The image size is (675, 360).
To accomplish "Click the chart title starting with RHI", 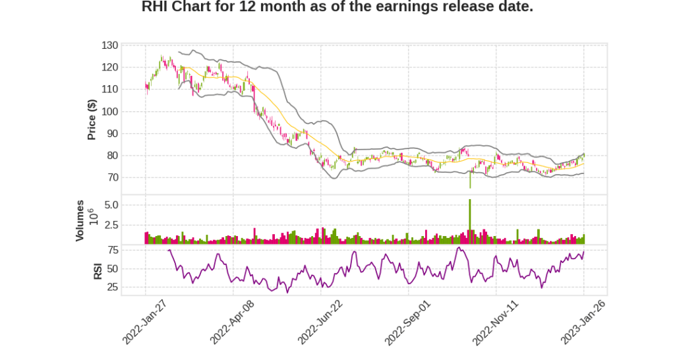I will pos(337,7).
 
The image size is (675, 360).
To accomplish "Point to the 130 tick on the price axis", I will pos(110,45).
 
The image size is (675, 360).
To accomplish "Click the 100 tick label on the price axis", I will pos(110,111).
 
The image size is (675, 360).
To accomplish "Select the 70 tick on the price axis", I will pos(113,178).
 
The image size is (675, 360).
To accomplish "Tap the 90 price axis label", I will pos(113,134).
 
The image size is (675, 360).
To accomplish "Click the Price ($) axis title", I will pos(92,119).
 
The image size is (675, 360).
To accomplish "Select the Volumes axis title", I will pos(80,220).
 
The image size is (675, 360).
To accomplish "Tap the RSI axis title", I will pos(98,270).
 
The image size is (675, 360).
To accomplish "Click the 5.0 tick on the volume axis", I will pos(111,205).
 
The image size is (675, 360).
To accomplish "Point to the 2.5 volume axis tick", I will pos(111,225).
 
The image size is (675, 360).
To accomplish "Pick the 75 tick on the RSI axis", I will pos(113,250).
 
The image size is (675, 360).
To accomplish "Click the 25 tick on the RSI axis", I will pos(113,287).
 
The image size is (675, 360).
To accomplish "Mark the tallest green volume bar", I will pos(470,222).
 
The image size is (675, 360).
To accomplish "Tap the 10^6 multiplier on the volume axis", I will pos(92,216).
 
